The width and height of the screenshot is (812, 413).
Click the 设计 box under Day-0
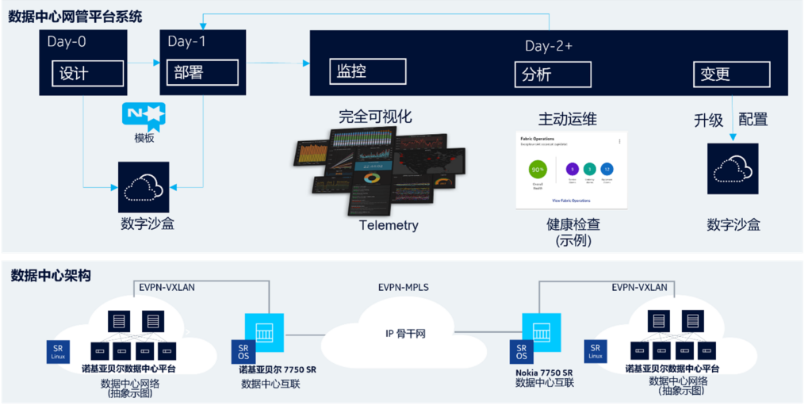88,74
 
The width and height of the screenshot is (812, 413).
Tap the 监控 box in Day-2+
373,72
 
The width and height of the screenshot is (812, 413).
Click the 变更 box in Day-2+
730,75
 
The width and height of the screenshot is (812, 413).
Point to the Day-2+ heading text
548,46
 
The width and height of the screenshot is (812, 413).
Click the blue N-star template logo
144,114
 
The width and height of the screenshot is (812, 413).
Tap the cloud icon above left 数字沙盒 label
144,187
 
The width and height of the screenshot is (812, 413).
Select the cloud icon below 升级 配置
733,169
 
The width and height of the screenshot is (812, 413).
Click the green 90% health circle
538,170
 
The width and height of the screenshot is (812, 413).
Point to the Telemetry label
389,225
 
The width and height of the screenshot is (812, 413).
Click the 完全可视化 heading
375,117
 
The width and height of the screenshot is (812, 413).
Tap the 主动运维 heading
567,120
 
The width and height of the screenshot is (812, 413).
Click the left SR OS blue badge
243,351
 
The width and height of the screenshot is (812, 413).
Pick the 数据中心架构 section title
51,276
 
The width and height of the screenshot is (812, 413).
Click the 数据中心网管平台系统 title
75,17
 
